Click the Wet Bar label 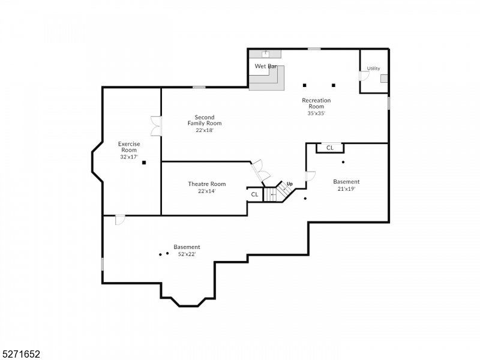(x=265, y=66)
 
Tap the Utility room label (x=373, y=68)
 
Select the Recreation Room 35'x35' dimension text (x=316, y=113)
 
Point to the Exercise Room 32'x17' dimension (x=128, y=157)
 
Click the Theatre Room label (x=206, y=184)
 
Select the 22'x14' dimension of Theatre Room (x=206, y=191)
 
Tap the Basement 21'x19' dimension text (x=346, y=188)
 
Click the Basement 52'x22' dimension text (x=187, y=254)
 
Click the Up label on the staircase (x=289, y=184)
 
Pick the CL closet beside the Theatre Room (x=254, y=194)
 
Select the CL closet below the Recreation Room (x=329, y=148)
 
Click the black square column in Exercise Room (x=144, y=163)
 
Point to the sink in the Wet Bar (x=265, y=55)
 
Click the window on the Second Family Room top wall (x=199, y=88)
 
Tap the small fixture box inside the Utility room (x=384, y=78)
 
